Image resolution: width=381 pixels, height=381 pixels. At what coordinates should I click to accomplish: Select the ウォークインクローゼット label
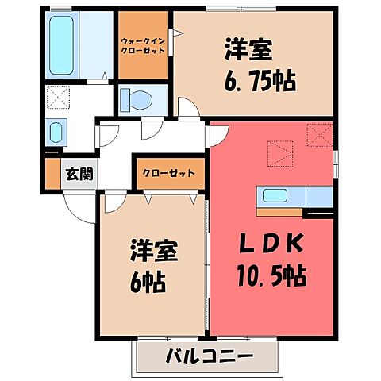click(x=143, y=45)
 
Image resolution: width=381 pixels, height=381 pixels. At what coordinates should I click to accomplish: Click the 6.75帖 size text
click(x=248, y=79)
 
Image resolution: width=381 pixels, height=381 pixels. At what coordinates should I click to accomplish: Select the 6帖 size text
click(x=148, y=282)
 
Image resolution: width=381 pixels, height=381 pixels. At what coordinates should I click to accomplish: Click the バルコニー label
click(x=210, y=354)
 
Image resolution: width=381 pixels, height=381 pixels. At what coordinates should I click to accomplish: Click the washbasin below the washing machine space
click(x=56, y=131)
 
